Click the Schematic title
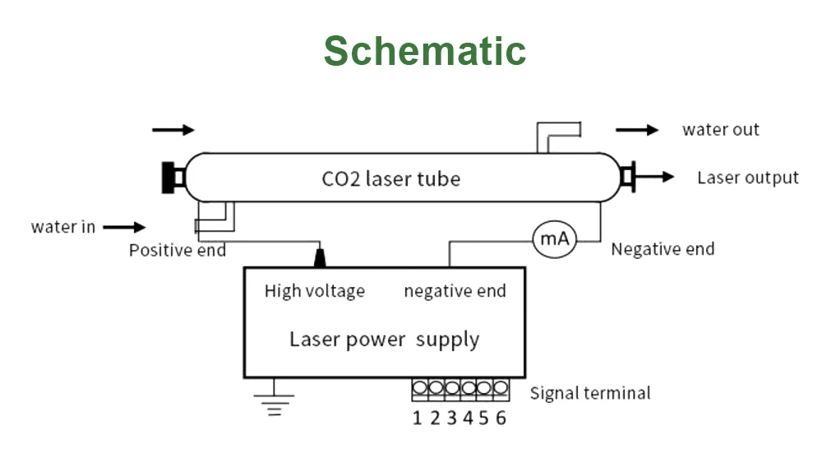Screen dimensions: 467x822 tap(424, 51)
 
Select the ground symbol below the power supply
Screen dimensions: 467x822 tap(274, 400)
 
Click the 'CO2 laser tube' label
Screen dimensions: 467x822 tap(391, 178)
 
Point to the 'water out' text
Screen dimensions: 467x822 tap(721, 130)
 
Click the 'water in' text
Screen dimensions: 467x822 tap(63, 227)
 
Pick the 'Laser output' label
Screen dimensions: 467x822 tap(748, 178)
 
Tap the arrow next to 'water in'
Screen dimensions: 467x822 tap(124, 227)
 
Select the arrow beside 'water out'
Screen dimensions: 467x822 tap(637, 130)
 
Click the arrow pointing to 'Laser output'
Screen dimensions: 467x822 tap(655, 177)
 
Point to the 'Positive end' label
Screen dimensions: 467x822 tap(178, 250)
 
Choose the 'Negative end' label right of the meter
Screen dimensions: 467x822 tap(663, 249)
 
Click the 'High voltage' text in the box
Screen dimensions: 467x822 tap(315, 291)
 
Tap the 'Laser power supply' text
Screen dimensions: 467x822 tap(384, 339)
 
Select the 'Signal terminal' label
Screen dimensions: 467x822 tap(590, 393)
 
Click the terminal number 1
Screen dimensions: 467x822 tap(418, 418)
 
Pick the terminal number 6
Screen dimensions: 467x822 tap(501, 418)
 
